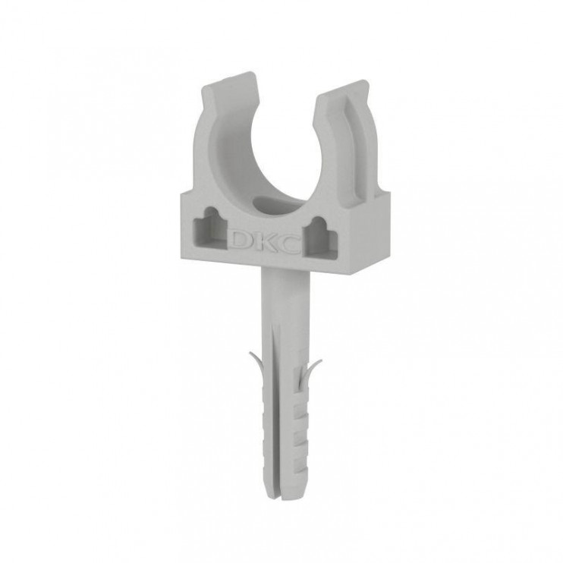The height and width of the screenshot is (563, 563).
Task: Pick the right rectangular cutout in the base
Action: pyautogui.click(x=320, y=238)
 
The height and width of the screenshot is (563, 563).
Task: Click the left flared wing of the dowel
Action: pyautogui.click(x=256, y=363)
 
